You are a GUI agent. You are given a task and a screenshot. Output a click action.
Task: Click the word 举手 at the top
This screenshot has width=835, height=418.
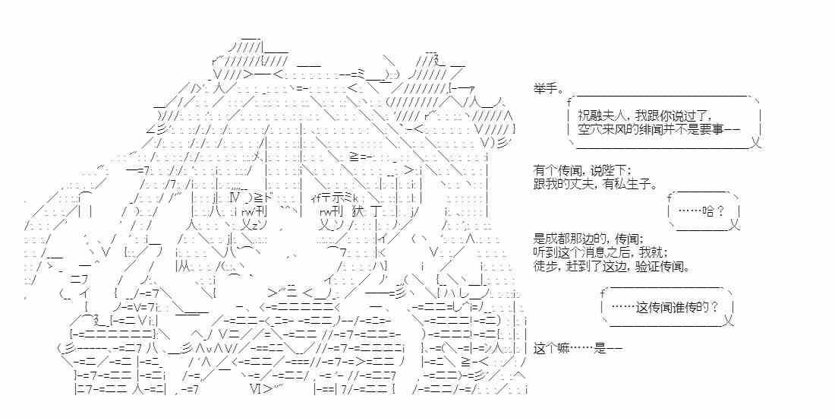click(545, 89)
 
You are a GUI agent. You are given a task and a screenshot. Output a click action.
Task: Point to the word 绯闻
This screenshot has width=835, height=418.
click(664, 130)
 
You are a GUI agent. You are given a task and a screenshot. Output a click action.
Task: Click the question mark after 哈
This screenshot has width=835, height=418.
click(718, 211)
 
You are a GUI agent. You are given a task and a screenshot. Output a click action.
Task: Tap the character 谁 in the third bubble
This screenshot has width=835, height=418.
click(675, 307)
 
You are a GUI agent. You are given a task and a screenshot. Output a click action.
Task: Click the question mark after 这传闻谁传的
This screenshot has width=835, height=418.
click(716, 307)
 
